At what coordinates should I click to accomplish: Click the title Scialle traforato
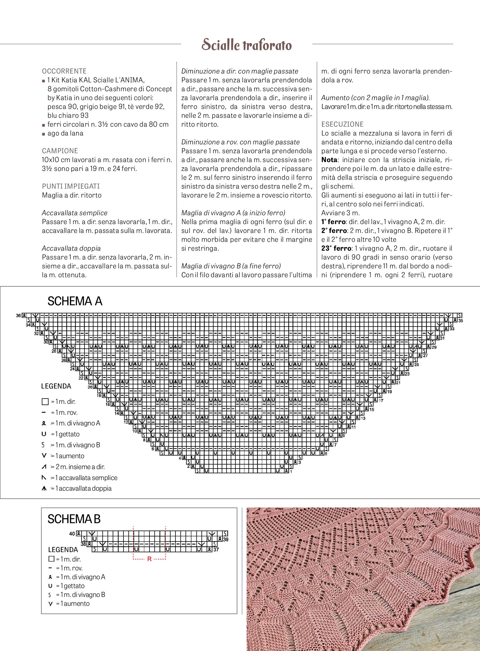(x=247, y=45)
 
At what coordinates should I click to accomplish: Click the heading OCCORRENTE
(x=64, y=71)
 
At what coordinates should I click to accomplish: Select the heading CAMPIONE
(x=60, y=151)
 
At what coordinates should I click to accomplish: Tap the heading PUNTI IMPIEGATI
(x=71, y=186)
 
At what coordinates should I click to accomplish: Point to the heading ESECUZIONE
(x=342, y=124)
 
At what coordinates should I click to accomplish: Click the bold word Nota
(x=329, y=160)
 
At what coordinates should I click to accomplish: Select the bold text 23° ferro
(x=336, y=248)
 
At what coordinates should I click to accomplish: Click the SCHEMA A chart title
(x=75, y=301)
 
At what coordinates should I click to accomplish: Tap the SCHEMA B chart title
(x=74, y=519)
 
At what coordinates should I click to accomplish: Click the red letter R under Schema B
(x=149, y=559)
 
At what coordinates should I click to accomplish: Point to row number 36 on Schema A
(x=18, y=316)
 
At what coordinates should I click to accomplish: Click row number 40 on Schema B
(x=72, y=533)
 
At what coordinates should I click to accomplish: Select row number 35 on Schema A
(x=461, y=321)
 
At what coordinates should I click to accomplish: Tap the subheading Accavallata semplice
(x=74, y=213)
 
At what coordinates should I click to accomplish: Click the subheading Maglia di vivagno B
(x=231, y=266)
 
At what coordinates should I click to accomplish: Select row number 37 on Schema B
(x=216, y=549)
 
